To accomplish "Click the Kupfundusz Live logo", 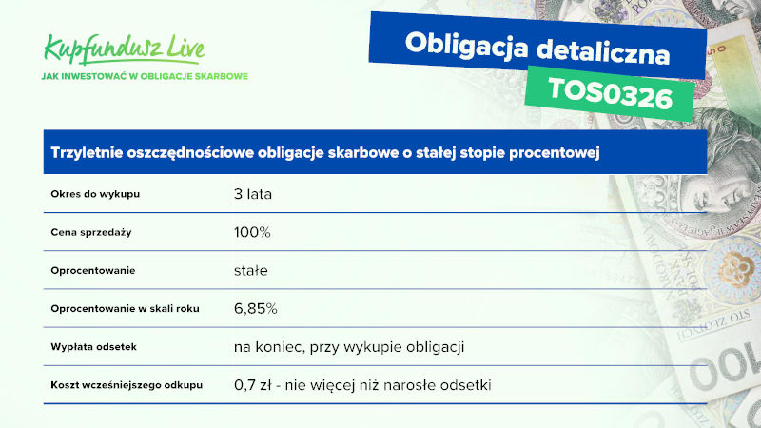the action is point(125,49).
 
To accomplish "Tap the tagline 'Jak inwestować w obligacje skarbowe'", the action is point(145,76).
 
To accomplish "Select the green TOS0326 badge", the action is point(610,93).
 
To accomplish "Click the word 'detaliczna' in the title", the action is point(603,51).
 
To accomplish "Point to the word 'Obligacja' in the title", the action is point(466,46).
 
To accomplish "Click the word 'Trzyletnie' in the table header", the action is point(87,153).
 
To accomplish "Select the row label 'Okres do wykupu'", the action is point(95,194).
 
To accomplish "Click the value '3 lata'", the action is point(253,194).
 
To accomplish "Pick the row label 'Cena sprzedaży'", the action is point(91,232).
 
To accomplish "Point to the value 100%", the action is point(252,232).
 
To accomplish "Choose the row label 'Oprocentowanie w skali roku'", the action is point(126,308).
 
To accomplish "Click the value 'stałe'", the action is point(251,270).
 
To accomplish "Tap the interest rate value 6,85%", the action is point(255,308).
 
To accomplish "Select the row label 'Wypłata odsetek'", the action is point(93,347).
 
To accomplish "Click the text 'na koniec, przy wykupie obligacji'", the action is point(349,347).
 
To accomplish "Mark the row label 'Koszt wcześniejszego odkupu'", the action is point(127,385).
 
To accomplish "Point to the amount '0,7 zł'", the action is point(253,385).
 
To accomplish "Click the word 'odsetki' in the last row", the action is point(467,385).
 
